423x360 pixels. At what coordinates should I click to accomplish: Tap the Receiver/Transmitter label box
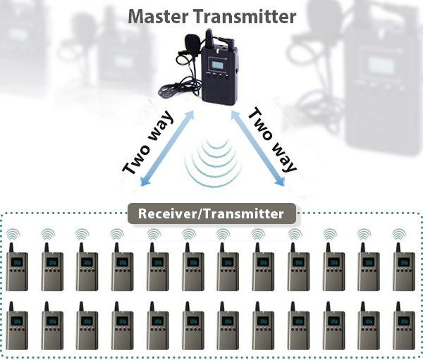(x=211, y=213)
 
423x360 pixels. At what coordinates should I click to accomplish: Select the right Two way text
(x=274, y=140)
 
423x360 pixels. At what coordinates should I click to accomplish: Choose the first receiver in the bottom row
(x=17, y=325)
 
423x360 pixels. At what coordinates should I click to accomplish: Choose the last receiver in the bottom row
(x=404, y=325)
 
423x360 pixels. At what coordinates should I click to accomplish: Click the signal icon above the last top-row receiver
(x=400, y=233)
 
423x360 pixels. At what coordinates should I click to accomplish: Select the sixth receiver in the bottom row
(x=193, y=325)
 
